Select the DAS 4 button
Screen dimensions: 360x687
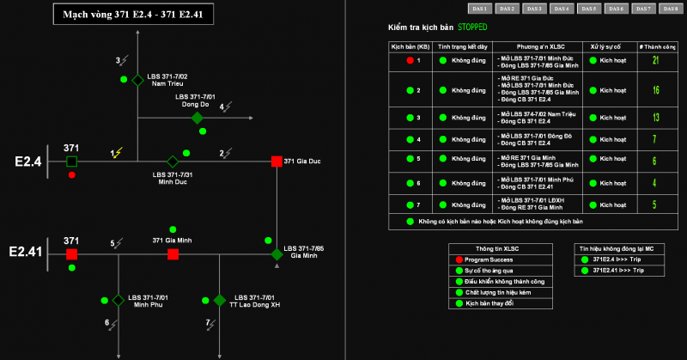562,9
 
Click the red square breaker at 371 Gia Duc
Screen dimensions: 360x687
277,162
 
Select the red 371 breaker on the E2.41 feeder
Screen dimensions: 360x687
72,254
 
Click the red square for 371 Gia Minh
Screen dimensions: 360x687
173,254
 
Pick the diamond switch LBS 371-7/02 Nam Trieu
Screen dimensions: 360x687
137,80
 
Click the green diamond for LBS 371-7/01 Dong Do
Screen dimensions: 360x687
197,118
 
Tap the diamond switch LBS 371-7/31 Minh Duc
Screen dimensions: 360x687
172,162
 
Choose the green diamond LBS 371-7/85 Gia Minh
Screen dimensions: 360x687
277,254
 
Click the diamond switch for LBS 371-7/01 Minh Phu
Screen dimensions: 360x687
118,300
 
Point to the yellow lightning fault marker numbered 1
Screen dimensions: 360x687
118,153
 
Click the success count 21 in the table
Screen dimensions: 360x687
655,61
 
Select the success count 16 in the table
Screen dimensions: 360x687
655,90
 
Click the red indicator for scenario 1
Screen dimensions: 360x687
410,61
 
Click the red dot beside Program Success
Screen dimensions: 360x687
459,259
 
